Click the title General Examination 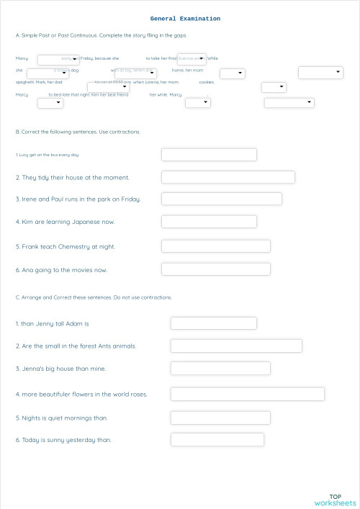[x=185, y=19]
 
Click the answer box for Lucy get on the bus [x=209, y=155]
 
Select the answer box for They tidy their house [x=228, y=177]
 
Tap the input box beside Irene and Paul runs [x=221, y=199]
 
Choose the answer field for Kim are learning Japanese [x=209, y=221]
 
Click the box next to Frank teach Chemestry [x=215, y=246]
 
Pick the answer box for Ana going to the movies [x=215, y=269]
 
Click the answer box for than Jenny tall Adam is [x=213, y=323]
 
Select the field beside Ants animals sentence [x=235, y=346]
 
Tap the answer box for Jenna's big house [x=220, y=369]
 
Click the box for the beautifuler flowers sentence [x=247, y=394]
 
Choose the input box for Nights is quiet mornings [x=220, y=418]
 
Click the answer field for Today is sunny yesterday [x=217, y=439]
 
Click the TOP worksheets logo [x=335, y=499]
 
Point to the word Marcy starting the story [x=22, y=58]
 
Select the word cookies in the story [x=206, y=82]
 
